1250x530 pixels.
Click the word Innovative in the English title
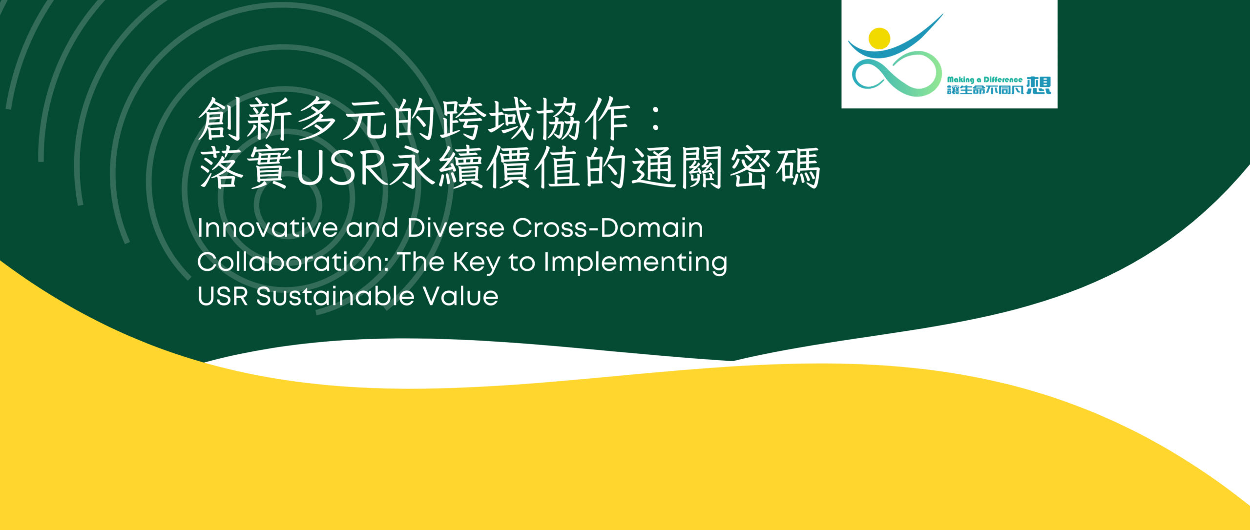(x=268, y=228)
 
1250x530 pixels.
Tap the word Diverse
(x=456, y=228)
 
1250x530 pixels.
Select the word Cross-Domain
(x=608, y=228)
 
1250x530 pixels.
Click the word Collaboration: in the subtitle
(x=293, y=262)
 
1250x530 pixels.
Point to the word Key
(x=477, y=264)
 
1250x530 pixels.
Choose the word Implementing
(x=635, y=264)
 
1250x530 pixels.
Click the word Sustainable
(x=335, y=296)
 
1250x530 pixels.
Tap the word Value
(x=460, y=296)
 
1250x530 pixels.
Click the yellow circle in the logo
(x=879, y=39)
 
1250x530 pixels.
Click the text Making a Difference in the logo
(x=984, y=80)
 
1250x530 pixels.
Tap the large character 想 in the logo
(x=1039, y=85)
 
